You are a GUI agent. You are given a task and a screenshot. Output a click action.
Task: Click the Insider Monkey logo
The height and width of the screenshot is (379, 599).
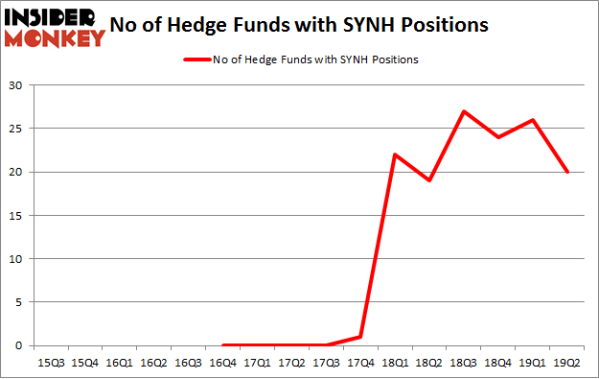point(55,27)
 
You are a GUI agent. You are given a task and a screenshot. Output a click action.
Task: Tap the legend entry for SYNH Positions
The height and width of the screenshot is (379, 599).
point(299,59)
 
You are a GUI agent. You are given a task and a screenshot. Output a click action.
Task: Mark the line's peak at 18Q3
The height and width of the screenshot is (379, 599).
point(464,111)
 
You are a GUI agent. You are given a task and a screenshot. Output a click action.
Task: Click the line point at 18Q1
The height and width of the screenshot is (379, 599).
point(395,154)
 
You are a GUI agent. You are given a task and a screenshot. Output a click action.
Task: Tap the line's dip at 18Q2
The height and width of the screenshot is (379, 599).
point(429,180)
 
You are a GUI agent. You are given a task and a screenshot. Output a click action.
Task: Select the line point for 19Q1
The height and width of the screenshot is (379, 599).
point(533,120)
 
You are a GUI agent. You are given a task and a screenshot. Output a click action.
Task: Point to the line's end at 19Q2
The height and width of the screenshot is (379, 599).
point(567,172)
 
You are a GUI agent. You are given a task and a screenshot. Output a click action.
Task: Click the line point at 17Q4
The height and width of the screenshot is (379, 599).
point(360,337)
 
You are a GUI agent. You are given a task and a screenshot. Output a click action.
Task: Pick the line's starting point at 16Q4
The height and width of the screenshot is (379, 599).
point(222,345)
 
